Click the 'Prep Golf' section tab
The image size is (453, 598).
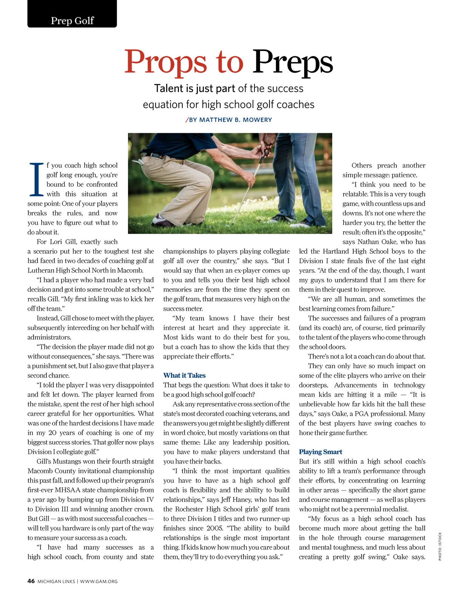[x=72, y=20]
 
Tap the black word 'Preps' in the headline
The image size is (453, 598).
[x=293, y=62]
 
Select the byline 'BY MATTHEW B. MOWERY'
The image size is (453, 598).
[x=230, y=120]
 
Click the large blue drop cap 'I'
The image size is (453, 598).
[x=36, y=180]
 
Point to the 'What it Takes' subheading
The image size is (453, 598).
[x=184, y=375]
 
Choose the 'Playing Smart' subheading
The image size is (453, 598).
[x=320, y=452]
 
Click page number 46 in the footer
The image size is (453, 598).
[x=31, y=581]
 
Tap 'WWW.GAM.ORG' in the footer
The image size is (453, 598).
[x=99, y=581]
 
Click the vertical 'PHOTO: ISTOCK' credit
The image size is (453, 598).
[x=440, y=546]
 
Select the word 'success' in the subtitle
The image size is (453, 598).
[x=285, y=88]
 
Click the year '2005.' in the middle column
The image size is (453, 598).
[x=217, y=528]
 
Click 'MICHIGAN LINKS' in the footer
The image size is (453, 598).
[x=56, y=581]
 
